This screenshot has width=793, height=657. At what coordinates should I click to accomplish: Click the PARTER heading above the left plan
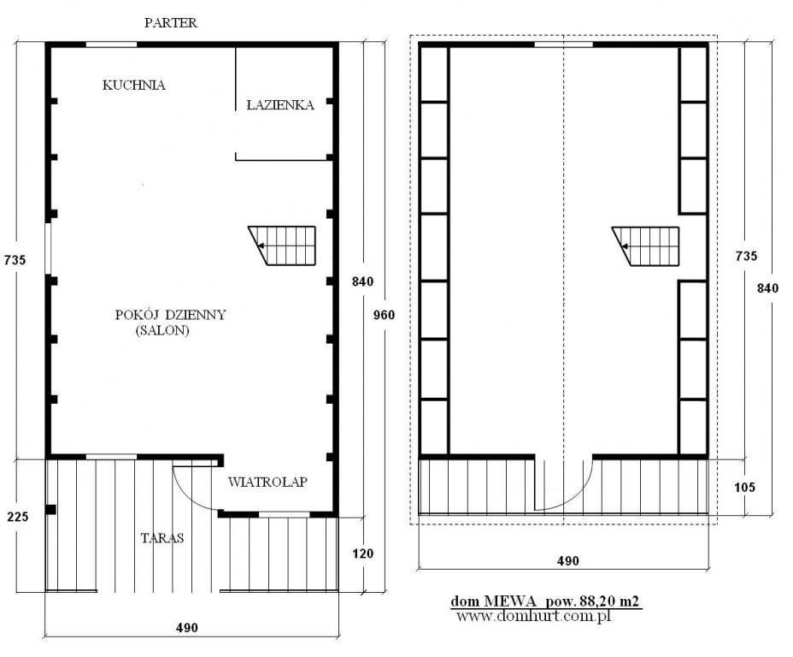pyautogui.click(x=170, y=23)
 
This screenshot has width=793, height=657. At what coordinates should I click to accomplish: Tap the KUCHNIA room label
pyautogui.click(x=134, y=85)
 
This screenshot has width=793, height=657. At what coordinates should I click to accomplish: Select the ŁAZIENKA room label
pyautogui.click(x=280, y=104)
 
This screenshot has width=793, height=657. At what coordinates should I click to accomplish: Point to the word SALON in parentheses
pyautogui.click(x=162, y=330)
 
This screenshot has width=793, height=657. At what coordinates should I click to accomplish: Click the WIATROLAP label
pyautogui.click(x=267, y=482)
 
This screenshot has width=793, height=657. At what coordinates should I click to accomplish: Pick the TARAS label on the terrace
pyautogui.click(x=162, y=538)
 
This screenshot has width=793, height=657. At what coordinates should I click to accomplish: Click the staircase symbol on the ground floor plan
pyautogui.click(x=282, y=246)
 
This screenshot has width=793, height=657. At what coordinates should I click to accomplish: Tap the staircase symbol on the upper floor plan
pyautogui.click(x=645, y=246)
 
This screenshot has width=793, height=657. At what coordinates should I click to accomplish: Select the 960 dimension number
pyautogui.click(x=384, y=316)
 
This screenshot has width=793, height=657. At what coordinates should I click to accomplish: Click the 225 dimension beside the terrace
pyautogui.click(x=18, y=517)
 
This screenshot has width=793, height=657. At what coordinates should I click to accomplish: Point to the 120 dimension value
pyautogui.click(x=362, y=553)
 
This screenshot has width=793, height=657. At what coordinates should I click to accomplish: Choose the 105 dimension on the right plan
pyautogui.click(x=744, y=488)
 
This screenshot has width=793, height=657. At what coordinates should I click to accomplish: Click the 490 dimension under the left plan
pyautogui.click(x=186, y=628)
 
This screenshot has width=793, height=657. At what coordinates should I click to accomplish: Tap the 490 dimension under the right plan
pyautogui.click(x=568, y=561)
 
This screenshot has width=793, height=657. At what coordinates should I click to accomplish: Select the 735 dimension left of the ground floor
pyautogui.click(x=15, y=260)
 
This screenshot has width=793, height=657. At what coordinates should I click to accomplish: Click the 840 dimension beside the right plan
pyautogui.click(x=767, y=288)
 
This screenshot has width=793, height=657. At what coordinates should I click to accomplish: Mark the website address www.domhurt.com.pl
pyautogui.click(x=533, y=617)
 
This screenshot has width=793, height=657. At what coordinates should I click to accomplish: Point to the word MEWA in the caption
pyautogui.click(x=510, y=601)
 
